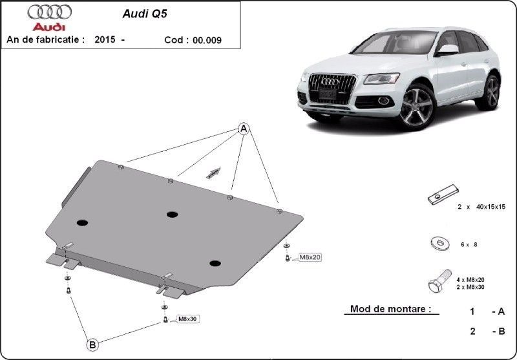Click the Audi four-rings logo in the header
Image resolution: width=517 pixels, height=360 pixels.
(50, 12)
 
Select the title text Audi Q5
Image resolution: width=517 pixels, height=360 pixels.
(145, 14)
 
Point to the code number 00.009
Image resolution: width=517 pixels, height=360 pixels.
(207, 40)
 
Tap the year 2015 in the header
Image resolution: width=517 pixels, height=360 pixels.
(105, 39)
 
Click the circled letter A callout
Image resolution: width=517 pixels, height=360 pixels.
(244, 129)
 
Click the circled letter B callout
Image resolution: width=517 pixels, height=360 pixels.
(92, 345)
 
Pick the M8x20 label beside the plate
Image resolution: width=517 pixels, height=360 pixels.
(310, 257)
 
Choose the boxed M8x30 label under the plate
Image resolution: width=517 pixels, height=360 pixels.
(187, 319)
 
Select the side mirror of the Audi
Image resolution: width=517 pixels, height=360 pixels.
(447, 50)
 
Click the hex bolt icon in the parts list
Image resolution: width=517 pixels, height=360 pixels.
(440, 281)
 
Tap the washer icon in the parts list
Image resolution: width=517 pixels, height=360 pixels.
(440, 244)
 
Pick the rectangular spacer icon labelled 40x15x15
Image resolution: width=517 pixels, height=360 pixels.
(443, 195)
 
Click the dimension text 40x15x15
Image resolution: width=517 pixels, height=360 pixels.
(491, 207)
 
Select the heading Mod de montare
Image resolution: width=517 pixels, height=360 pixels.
(391, 309)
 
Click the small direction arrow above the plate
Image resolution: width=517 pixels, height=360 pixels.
(213, 173)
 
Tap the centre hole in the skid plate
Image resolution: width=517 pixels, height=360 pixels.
(172, 215)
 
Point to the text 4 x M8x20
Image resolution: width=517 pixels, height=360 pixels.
(470, 280)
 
